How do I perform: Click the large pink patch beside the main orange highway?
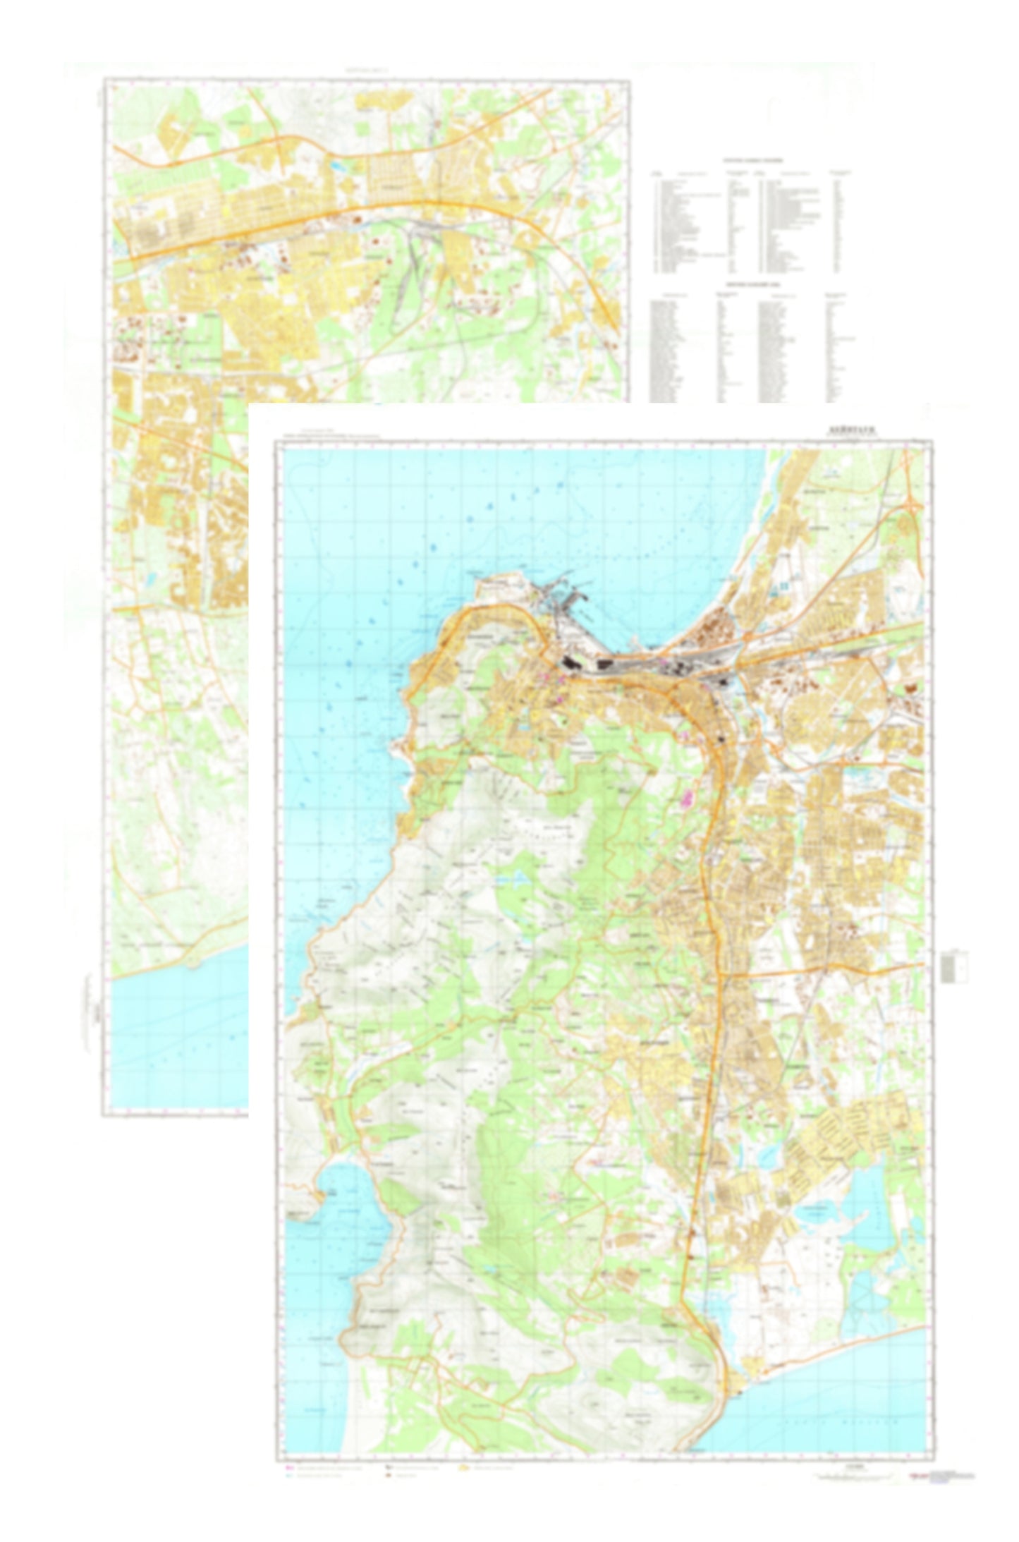685,798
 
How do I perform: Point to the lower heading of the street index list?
752,284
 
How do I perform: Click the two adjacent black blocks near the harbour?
585,664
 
